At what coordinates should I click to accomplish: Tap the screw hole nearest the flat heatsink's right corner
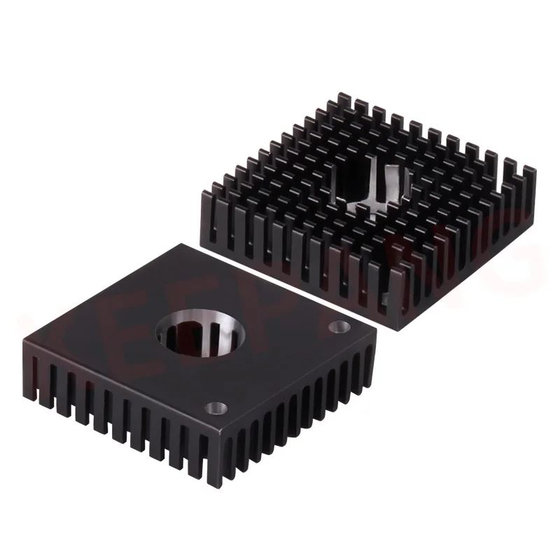[341, 326]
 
